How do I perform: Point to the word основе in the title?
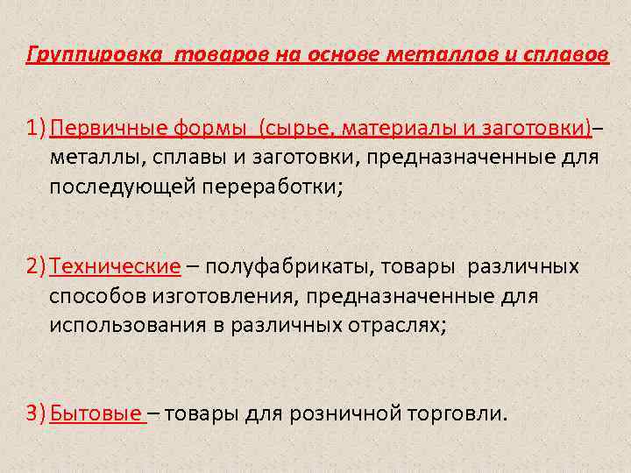tap(344, 55)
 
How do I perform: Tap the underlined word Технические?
tap(115, 265)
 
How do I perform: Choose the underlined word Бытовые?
tap(96, 412)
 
